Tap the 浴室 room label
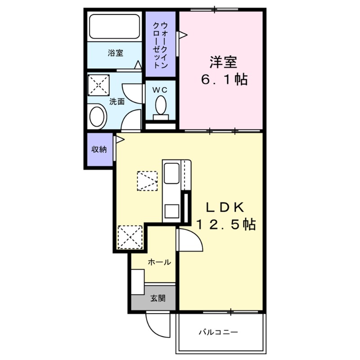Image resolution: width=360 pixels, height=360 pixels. tap(116, 53)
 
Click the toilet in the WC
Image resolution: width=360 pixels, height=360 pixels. tap(161, 106)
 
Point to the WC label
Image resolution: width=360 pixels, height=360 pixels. tap(160, 90)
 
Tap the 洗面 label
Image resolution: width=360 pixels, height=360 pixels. tap(117, 102)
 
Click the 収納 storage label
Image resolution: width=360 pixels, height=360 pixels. tap(99, 150)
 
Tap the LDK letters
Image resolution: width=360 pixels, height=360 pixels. tap(225, 206)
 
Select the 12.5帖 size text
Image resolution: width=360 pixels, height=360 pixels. tap(225, 224)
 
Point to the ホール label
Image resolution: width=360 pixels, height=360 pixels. tap(159, 262)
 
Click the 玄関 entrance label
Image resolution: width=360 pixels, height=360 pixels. tap(157, 297)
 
